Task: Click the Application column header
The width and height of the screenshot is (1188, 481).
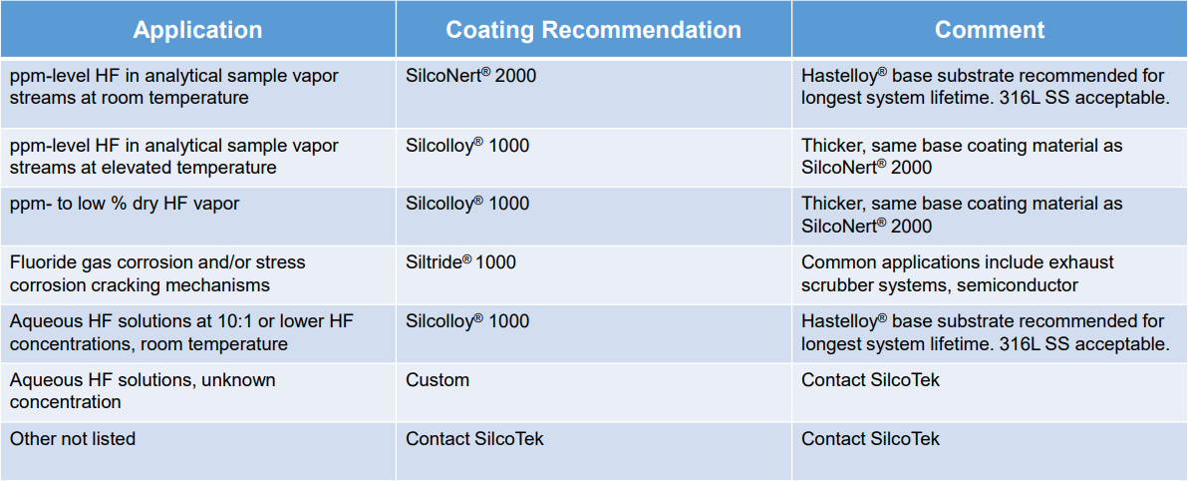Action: pos(197,30)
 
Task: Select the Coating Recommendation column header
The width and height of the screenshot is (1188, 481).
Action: pos(593,30)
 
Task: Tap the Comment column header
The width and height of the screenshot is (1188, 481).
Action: pos(989,30)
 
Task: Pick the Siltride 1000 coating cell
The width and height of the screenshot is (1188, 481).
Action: pos(460,262)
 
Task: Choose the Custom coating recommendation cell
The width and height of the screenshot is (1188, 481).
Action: pos(438,380)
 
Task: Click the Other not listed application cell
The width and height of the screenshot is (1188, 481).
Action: pos(73,439)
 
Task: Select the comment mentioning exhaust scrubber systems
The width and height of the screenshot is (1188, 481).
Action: pos(957,273)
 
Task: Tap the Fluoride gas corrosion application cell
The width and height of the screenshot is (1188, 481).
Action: pos(157,273)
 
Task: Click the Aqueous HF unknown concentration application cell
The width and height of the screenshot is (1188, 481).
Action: pos(143,391)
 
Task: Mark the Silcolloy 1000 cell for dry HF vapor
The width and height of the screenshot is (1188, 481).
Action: pos(467,204)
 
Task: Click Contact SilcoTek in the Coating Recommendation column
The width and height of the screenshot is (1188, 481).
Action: pos(474,439)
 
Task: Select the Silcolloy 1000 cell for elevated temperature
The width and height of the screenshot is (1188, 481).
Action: pos(467,146)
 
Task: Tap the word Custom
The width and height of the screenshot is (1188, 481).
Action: pos(438,380)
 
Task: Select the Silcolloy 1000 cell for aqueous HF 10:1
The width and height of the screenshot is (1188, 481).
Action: pos(467,321)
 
